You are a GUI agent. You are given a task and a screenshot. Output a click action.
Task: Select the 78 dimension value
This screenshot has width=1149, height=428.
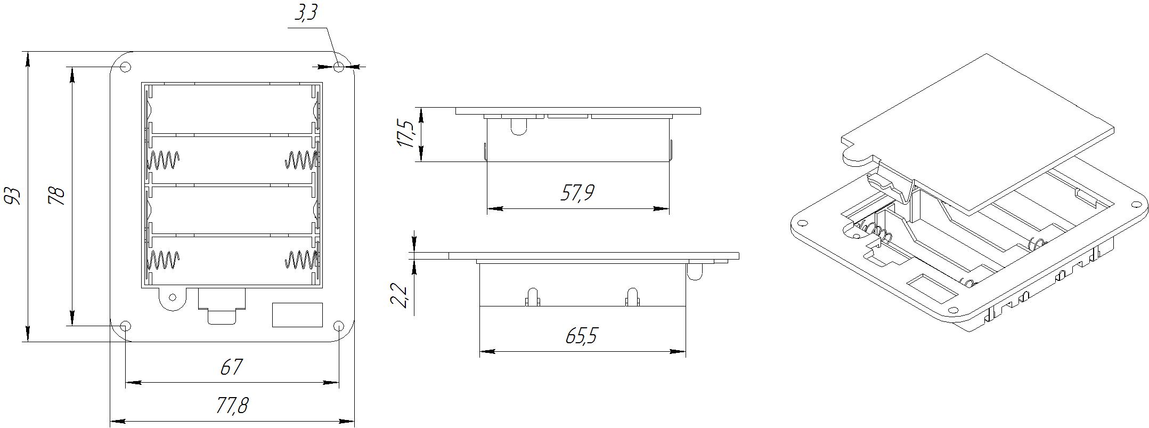[x=56, y=196]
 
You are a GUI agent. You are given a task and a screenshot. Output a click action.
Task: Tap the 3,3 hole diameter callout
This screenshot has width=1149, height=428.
[x=306, y=12]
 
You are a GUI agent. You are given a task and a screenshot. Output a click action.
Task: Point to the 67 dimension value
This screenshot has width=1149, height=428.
[x=231, y=367]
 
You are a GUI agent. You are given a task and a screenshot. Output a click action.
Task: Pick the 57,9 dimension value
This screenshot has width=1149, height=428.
[x=577, y=192]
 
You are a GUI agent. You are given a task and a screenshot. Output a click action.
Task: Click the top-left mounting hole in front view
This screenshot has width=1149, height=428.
[x=126, y=67]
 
